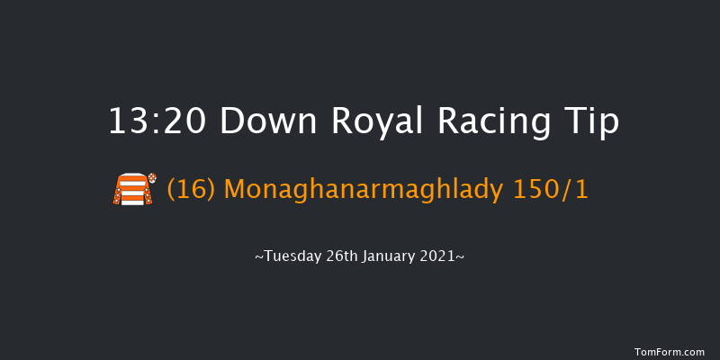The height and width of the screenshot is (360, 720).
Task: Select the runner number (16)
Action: point(192,190)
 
